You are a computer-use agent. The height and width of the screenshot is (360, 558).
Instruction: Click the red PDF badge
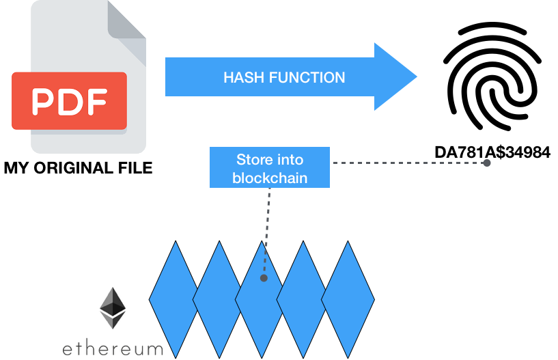point(69,101)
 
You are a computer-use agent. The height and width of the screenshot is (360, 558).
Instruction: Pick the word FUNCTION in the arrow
point(307,78)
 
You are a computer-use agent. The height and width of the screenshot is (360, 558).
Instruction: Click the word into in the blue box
point(290,160)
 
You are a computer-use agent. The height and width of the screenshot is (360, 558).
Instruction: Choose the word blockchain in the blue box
point(270,178)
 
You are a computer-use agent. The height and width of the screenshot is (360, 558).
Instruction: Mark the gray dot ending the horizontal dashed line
point(487,163)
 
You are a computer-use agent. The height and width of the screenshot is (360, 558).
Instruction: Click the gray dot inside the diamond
point(264,278)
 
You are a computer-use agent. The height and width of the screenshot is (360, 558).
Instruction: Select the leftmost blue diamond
point(174,299)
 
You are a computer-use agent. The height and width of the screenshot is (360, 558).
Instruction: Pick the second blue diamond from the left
point(217,299)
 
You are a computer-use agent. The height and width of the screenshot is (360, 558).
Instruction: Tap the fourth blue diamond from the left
point(303,299)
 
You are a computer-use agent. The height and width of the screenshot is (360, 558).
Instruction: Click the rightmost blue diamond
point(348,299)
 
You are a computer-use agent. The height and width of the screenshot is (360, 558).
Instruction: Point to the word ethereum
point(113,349)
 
